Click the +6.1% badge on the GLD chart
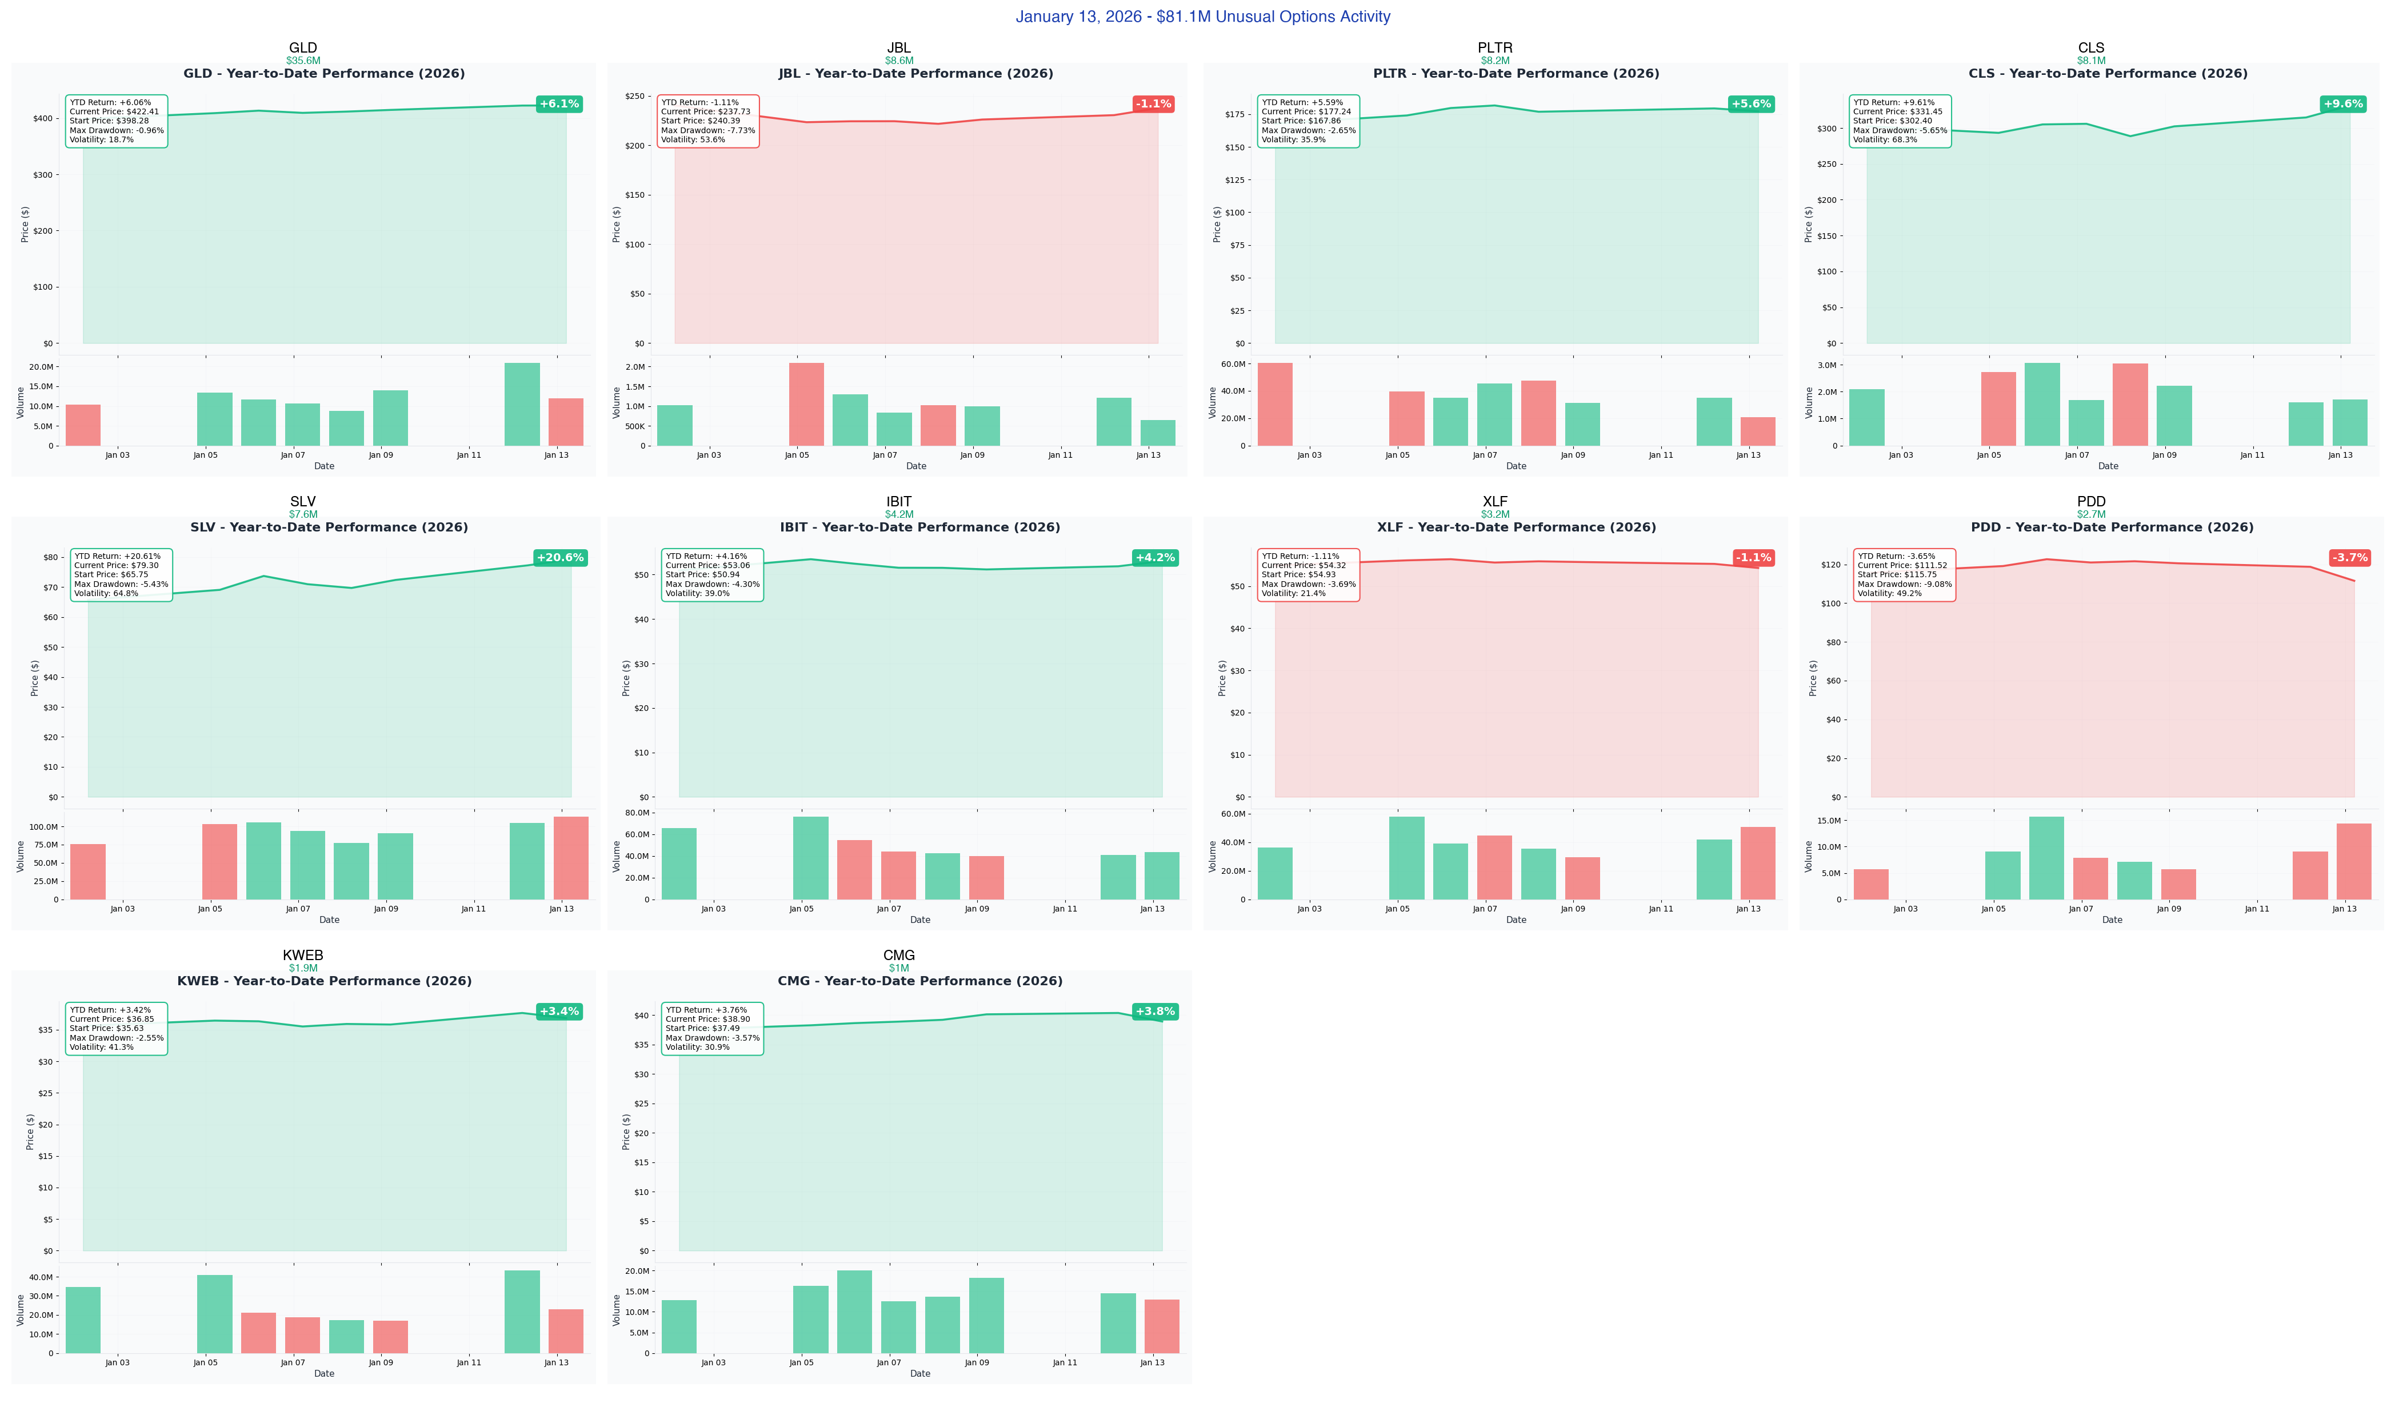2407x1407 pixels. click(x=559, y=104)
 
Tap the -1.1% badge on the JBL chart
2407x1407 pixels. click(x=1153, y=104)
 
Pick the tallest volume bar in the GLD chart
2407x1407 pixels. click(x=522, y=404)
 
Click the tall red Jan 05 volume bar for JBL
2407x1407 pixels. click(x=806, y=404)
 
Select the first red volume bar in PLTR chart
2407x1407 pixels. click(x=1275, y=404)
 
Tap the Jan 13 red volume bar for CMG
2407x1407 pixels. click(x=1161, y=1326)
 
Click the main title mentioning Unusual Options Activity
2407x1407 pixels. click(x=1202, y=16)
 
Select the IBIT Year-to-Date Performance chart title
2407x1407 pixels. click(x=920, y=527)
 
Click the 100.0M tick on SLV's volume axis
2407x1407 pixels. click(x=44, y=827)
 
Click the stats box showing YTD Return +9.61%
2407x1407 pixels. click(x=1900, y=121)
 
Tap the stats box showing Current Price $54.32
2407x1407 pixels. click(x=1308, y=575)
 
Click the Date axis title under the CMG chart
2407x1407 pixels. click(x=920, y=1374)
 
